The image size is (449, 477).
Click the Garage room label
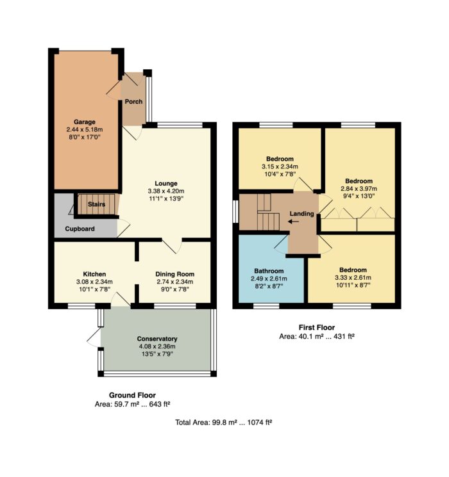pos(85,122)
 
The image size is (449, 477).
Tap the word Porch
pos(133,102)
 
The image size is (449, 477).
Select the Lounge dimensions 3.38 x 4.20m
pos(166,191)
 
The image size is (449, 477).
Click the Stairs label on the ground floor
pos(97,204)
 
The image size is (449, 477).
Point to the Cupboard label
pos(80,229)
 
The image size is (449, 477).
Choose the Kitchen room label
pos(94,274)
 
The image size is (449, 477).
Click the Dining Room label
pos(174,274)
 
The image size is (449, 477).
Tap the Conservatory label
pos(157,339)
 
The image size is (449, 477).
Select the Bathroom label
pos(269,271)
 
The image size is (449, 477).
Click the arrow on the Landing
pos(293,222)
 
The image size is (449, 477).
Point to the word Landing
pos(301,214)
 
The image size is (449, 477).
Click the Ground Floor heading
pos(132,395)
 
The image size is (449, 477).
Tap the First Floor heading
pos(317,327)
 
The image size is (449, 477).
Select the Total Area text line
pos(223,422)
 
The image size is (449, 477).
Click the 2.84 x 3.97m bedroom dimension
pos(359,189)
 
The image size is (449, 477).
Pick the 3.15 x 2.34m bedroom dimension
pos(280,166)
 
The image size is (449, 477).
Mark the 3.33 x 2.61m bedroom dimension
pos(353,277)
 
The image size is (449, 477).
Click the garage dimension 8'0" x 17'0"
pos(85,137)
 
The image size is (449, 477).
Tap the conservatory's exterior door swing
pos(94,337)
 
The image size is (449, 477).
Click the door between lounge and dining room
pos(172,246)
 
